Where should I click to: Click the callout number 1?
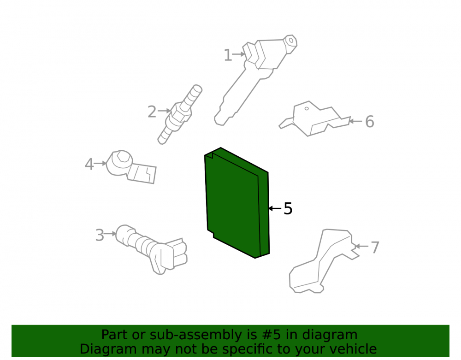(228, 55)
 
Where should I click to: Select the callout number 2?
(152, 112)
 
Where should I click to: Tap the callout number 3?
(100, 235)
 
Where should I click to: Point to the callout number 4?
(89, 164)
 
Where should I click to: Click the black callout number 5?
(288, 209)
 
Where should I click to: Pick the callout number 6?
(370, 122)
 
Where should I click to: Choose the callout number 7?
(375, 248)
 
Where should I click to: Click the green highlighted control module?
(237, 203)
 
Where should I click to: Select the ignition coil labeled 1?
(255, 80)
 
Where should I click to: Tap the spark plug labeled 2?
(180, 115)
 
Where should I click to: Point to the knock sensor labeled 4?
(131, 166)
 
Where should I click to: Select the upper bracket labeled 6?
(314, 119)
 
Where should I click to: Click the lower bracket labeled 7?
(324, 261)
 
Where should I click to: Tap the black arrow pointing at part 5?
(275, 208)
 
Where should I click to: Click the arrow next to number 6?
(355, 121)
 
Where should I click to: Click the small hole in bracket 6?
(307, 108)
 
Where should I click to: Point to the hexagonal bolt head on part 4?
(122, 158)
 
